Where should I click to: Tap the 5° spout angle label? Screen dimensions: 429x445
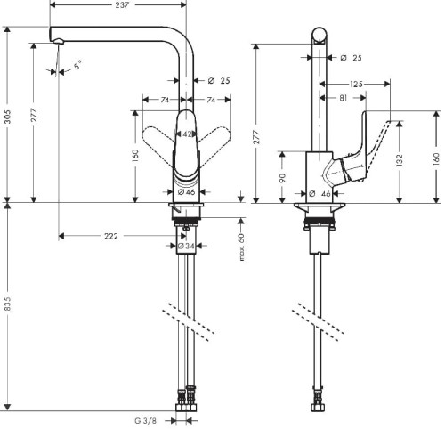pyautogui.click(x=77, y=65)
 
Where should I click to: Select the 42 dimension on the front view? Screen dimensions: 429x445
pyautogui.click(x=187, y=134)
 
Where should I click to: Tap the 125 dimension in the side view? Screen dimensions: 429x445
pyautogui.click(x=356, y=84)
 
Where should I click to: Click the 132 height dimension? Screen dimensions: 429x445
pyautogui.click(x=400, y=159)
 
